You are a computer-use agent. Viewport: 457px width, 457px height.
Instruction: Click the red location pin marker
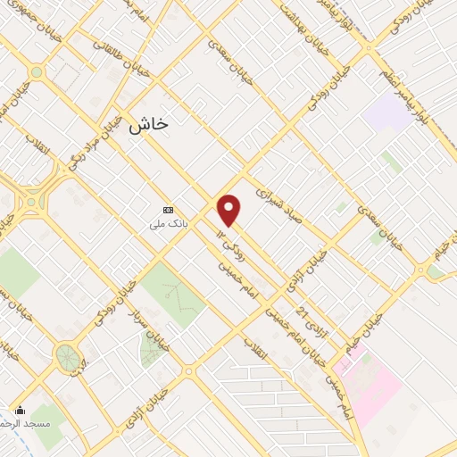[x=229, y=210]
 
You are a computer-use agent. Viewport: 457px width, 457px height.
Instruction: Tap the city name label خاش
[x=147, y=126]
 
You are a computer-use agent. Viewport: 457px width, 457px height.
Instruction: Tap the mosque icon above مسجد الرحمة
[x=21, y=410]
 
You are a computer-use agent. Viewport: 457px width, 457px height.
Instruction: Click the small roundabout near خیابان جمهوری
[x=36, y=72]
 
